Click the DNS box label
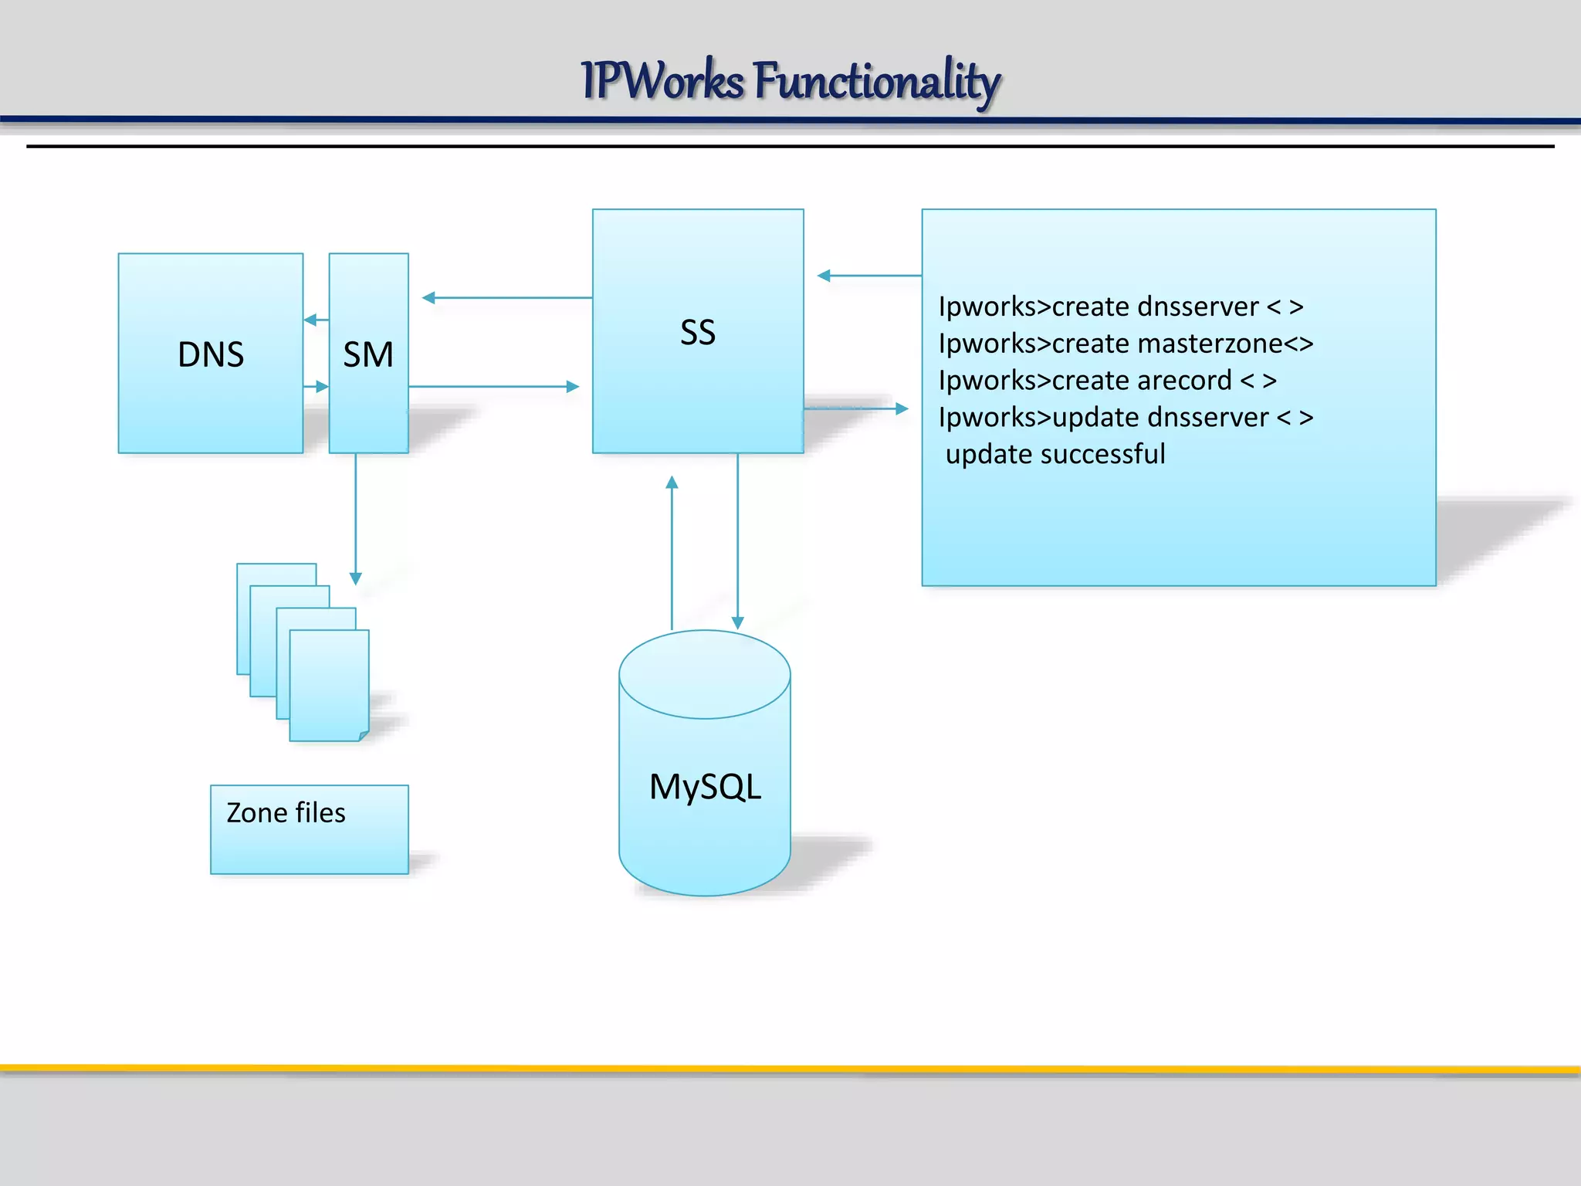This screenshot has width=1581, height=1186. [x=211, y=355]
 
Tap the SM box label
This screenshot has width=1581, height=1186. [x=368, y=355]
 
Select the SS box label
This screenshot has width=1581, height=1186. [x=698, y=333]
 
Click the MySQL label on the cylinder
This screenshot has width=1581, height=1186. [x=705, y=787]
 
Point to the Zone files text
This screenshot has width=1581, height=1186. [x=286, y=813]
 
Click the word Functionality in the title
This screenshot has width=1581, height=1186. [x=877, y=80]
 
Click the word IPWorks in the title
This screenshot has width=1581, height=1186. [x=662, y=80]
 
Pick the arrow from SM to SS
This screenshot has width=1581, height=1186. [x=494, y=386]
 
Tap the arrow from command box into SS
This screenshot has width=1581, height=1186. [x=868, y=276]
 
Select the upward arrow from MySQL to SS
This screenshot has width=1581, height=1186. [x=672, y=552]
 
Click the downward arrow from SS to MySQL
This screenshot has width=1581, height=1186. [x=737, y=540]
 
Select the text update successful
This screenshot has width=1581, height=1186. [x=1055, y=454]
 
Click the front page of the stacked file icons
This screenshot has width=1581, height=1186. [x=329, y=686]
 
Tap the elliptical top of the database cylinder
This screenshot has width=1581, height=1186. [x=705, y=674]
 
